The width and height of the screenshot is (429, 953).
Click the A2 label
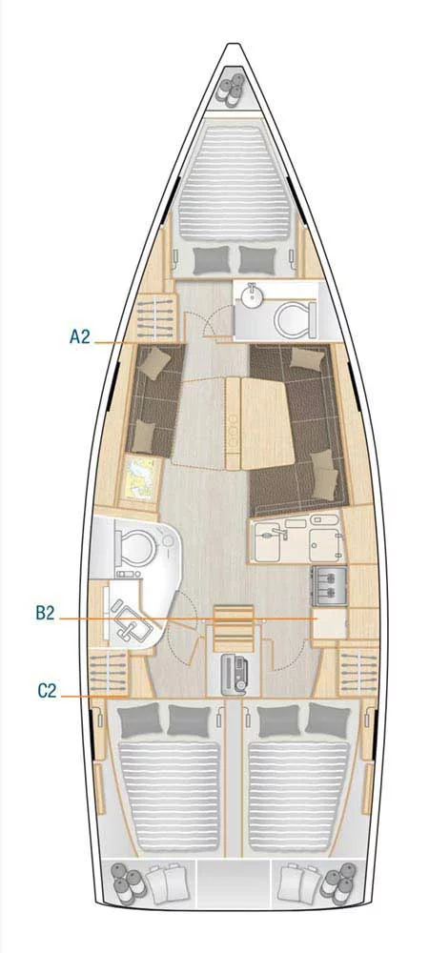click(79, 336)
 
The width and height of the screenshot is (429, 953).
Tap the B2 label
click(45, 613)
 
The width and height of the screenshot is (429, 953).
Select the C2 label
click(48, 690)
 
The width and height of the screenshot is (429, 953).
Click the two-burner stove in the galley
click(329, 583)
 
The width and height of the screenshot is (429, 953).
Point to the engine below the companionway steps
click(234, 674)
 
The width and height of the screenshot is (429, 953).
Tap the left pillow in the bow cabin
click(211, 260)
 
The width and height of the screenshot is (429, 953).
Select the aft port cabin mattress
click(169, 787)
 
